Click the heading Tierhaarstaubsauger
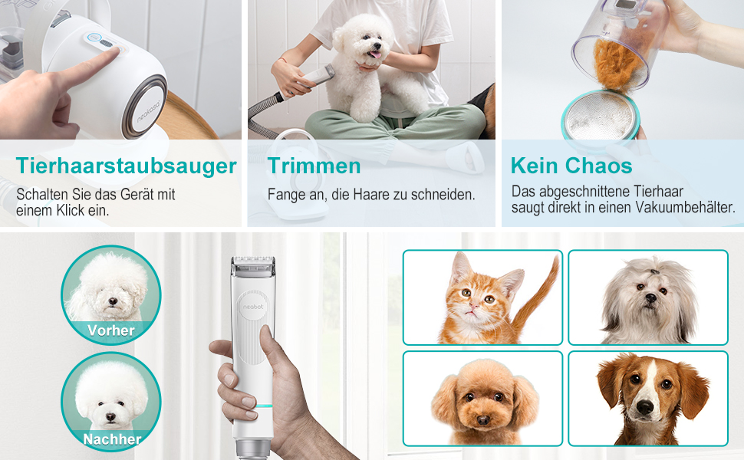127,166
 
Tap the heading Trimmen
314,166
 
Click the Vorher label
111,330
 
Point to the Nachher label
112,439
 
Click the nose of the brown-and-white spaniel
645,407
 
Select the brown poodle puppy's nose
483,419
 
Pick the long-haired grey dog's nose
651,298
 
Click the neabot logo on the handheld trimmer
253,307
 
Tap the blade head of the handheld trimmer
253,266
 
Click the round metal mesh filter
601,116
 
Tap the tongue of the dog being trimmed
374,55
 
